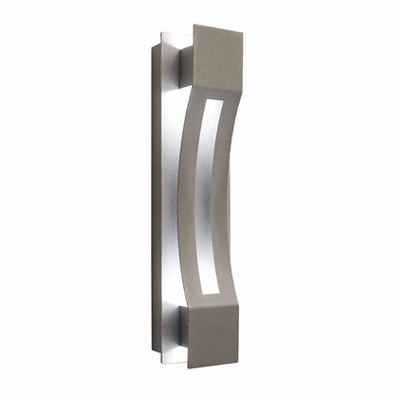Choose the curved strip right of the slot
point(227,189)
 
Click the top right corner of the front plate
point(242,32)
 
